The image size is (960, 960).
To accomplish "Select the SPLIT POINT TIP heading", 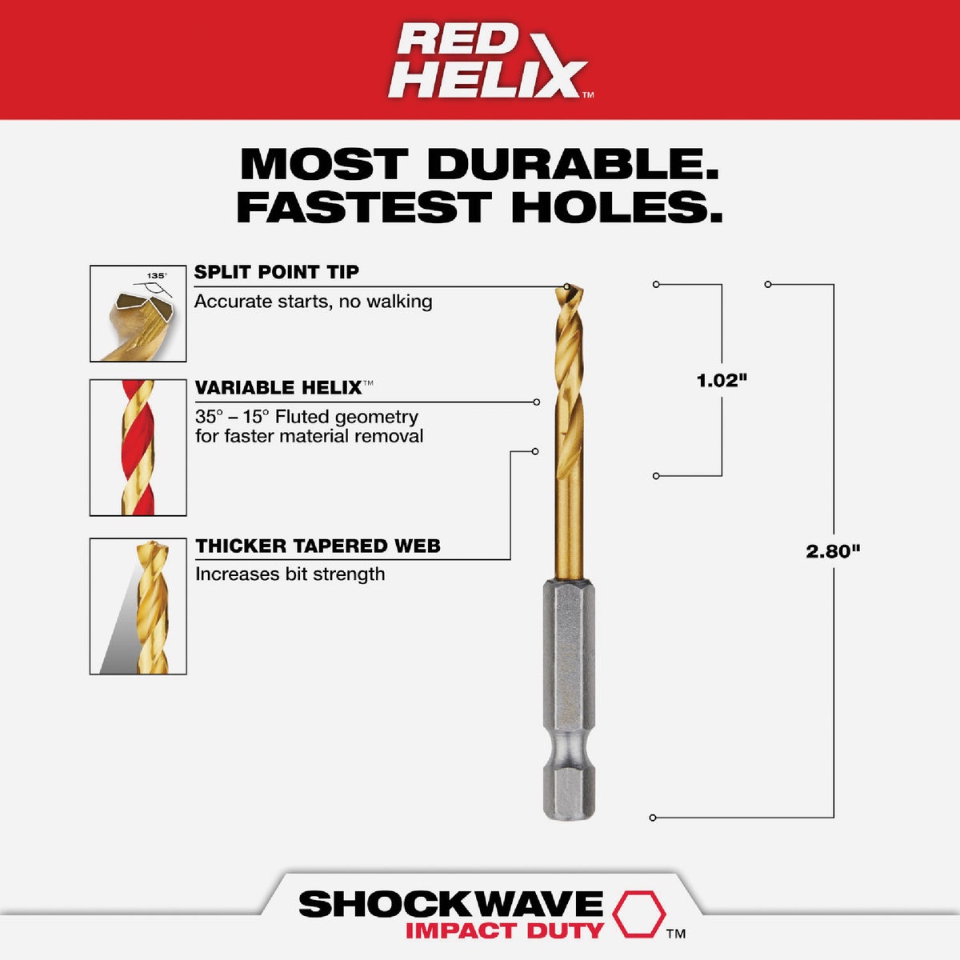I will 277,272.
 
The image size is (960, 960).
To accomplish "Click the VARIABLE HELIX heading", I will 278,388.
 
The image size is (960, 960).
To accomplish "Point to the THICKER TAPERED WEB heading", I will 318,546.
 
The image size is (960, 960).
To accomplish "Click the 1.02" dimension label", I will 722,381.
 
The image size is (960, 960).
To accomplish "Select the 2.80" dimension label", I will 833,551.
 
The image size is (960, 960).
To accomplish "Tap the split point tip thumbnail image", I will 138,314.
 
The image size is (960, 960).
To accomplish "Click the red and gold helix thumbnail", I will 138,447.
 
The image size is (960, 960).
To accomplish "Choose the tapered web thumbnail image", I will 138,606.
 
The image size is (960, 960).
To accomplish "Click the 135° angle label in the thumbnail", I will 156,276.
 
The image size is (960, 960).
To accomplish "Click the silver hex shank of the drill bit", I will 568,696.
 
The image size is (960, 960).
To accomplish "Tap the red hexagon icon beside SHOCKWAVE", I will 638,914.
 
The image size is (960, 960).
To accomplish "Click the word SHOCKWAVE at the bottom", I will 450,904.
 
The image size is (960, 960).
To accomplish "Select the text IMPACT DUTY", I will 504,930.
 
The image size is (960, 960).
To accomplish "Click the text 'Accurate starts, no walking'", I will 313,302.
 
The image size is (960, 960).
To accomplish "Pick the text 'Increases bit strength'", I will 290,574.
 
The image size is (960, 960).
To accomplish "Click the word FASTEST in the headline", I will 362,207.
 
